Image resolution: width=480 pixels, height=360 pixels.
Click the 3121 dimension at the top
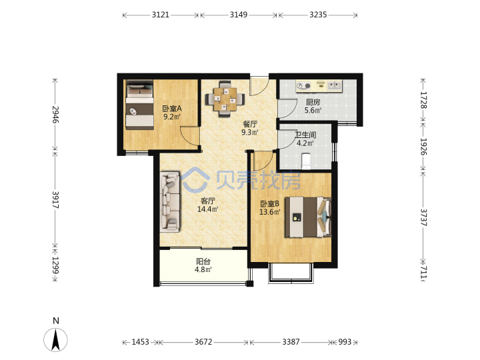pyautogui.click(x=161, y=15)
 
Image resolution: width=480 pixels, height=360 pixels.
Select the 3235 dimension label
pyautogui.click(x=318, y=15)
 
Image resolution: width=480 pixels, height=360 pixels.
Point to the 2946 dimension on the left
pyautogui.click(x=55, y=115)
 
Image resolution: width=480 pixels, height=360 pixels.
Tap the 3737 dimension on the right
pyautogui.click(x=423, y=217)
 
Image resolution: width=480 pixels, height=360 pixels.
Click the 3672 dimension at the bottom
pyautogui.click(x=203, y=341)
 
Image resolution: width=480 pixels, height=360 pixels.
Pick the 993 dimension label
pyautogui.click(x=345, y=341)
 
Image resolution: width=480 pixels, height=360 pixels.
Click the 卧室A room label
pyautogui.click(x=172, y=109)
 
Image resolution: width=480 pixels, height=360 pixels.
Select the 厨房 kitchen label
pyautogui.click(x=313, y=102)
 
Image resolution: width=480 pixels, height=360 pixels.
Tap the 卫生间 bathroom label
pyautogui.click(x=305, y=135)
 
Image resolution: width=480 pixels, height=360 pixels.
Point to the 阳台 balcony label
pyautogui.click(x=203, y=261)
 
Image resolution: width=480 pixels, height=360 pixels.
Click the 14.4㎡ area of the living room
pyautogui.click(x=207, y=209)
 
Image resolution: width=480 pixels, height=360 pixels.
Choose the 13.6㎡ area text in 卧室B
pyautogui.click(x=270, y=212)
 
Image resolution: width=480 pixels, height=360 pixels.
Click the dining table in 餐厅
pyautogui.click(x=225, y=99)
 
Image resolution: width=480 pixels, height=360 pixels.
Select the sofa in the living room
pyautogui.click(x=169, y=202)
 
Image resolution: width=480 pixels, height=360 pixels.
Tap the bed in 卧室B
pyautogui.click(x=308, y=217)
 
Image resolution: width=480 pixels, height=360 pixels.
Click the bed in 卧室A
pyautogui.click(x=139, y=105)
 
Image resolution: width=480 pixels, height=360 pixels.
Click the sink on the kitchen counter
pyautogui.click(x=334, y=85)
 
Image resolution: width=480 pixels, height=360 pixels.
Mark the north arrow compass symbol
pyautogui.click(x=55, y=339)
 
